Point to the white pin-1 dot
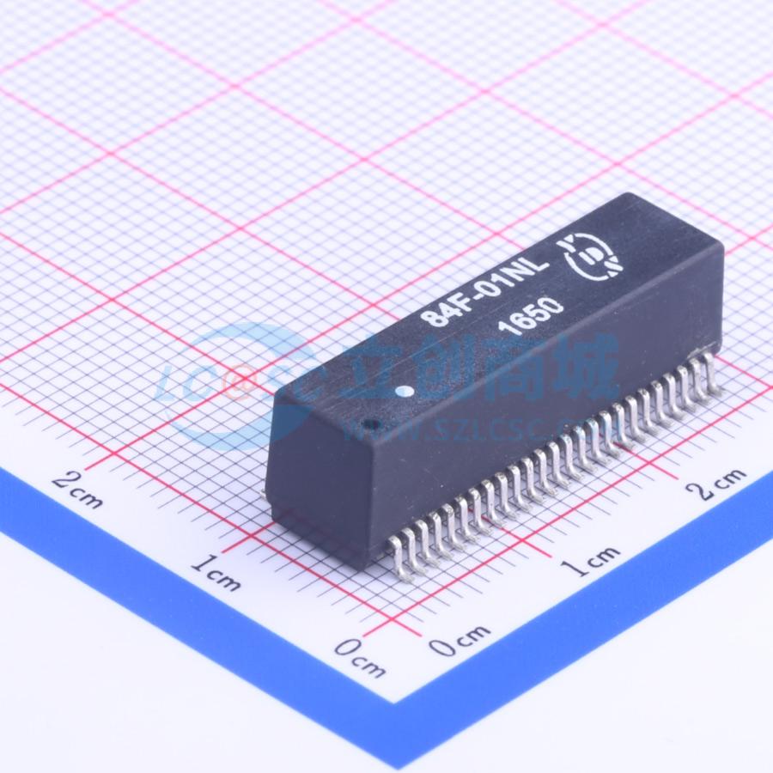click(405, 392)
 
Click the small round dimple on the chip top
click(370, 424)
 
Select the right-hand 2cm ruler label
click(717, 484)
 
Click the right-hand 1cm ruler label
click(592, 561)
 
